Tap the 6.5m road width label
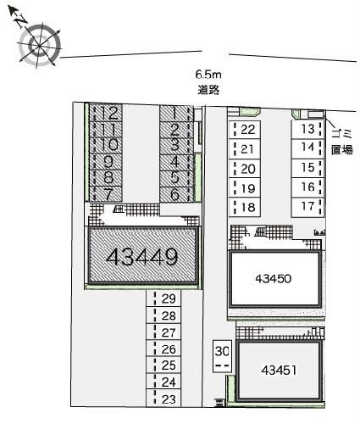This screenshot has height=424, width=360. click(208, 75)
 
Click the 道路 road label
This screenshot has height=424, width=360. click(208, 90)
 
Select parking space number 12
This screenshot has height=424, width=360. click(106, 113)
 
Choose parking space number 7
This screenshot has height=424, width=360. click(106, 194)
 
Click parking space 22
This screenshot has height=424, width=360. click(245, 130)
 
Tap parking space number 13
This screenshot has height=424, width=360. click(307, 129)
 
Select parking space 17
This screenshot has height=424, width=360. click(307, 207)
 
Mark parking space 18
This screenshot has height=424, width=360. click(245, 207)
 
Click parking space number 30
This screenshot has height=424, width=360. click(222, 356)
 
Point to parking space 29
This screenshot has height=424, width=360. click(163, 298)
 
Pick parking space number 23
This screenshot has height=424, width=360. click(163, 399)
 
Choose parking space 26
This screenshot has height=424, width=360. click(163, 349)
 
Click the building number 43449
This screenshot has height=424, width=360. click(142, 257)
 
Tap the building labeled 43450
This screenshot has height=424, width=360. click(274, 279)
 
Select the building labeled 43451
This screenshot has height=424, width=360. click(279, 370)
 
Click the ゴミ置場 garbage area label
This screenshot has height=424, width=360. click(342, 142)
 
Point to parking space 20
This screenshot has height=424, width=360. click(245, 169)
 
